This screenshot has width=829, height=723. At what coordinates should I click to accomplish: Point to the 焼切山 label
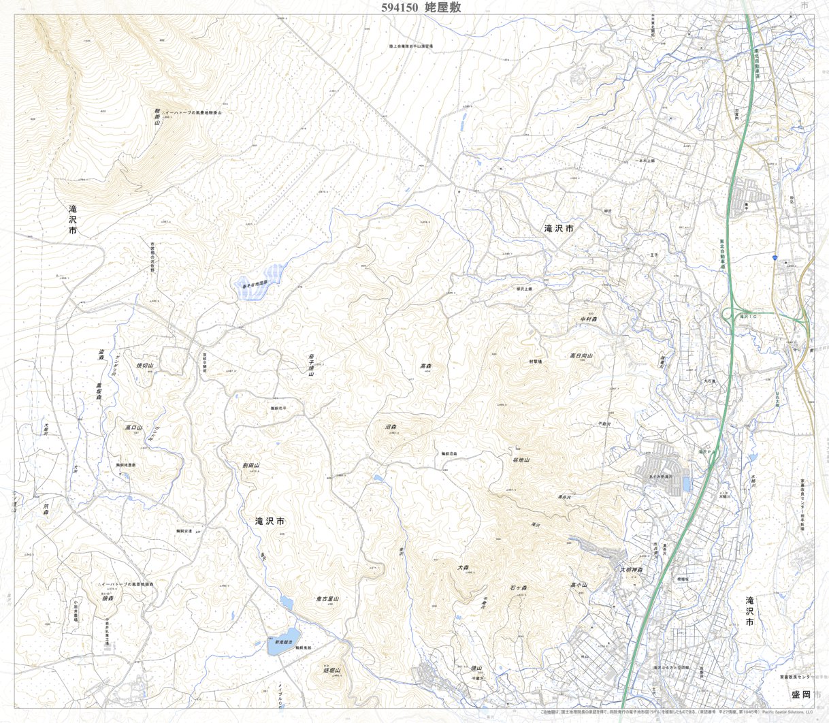(x=146, y=366)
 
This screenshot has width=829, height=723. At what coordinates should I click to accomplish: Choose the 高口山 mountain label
(x=133, y=428)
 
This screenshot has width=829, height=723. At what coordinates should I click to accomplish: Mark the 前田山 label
(x=252, y=466)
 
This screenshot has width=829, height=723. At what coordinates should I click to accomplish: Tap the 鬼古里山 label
(x=327, y=598)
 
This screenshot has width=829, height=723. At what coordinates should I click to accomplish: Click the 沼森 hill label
(x=391, y=427)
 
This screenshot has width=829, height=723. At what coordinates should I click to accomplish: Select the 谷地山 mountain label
(x=521, y=460)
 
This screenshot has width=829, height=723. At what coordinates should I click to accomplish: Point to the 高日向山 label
(x=582, y=355)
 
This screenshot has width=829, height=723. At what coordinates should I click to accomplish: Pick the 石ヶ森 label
(x=519, y=587)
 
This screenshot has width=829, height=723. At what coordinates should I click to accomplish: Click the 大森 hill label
(x=464, y=566)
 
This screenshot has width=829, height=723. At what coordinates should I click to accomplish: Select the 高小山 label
(x=579, y=585)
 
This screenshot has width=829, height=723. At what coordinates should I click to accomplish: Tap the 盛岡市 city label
(x=802, y=694)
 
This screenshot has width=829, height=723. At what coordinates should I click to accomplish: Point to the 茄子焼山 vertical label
(x=310, y=364)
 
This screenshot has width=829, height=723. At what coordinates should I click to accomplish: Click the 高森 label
(x=426, y=366)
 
